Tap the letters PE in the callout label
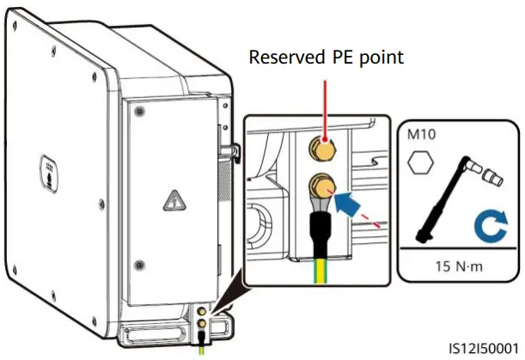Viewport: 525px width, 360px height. coord(338,58)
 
